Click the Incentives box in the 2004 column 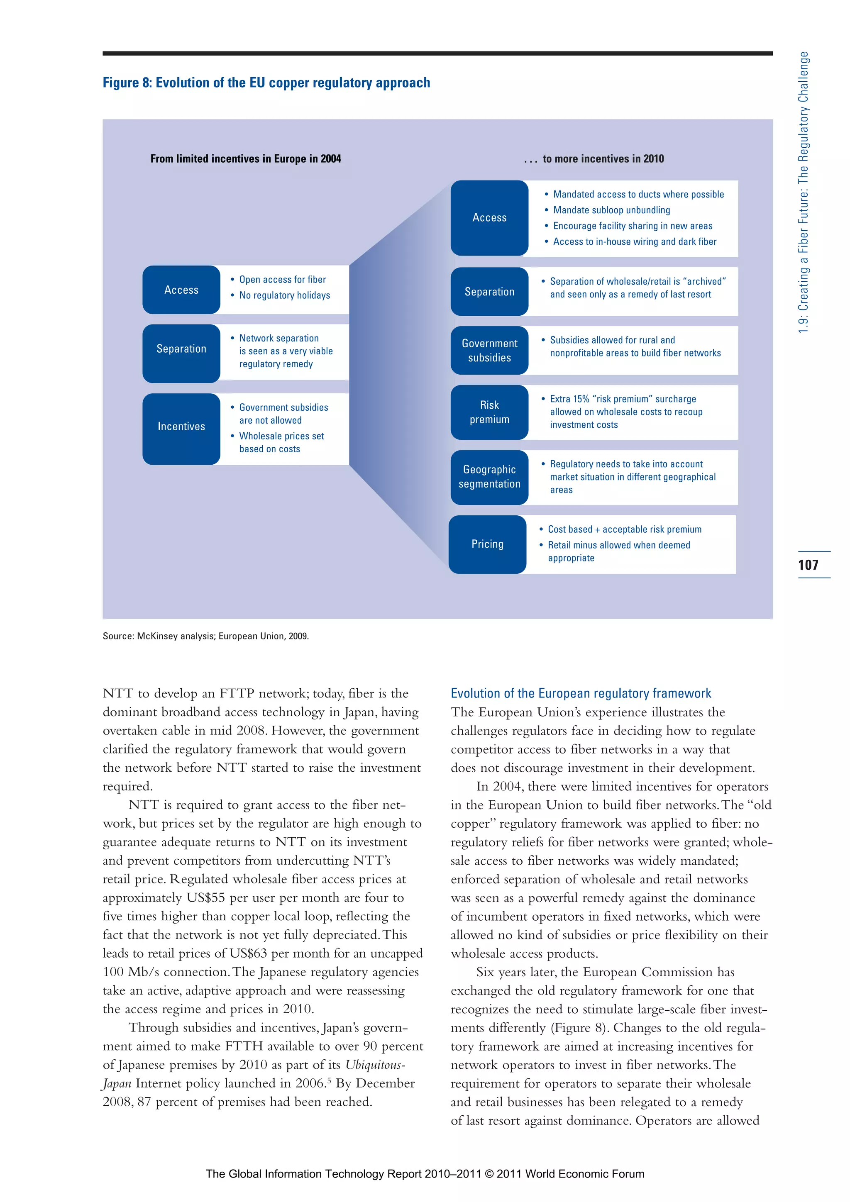pyautogui.click(x=181, y=427)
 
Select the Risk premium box pyautogui.click(x=489, y=412)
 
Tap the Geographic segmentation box pyautogui.click(x=489, y=477)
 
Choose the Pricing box pyautogui.click(x=487, y=544)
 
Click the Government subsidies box pyautogui.click(x=489, y=350)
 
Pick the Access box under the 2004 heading pyautogui.click(x=181, y=290)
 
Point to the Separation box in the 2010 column pyautogui.click(x=489, y=292)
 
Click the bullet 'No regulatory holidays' pyautogui.click(x=284, y=295)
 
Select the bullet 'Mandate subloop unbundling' pyautogui.click(x=611, y=210)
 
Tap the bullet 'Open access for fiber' pyautogui.click(x=282, y=280)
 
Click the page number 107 pyautogui.click(x=808, y=565)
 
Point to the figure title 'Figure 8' pyautogui.click(x=266, y=83)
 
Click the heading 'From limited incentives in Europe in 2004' pyautogui.click(x=246, y=158)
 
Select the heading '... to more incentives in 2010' pyautogui.click(x=594, y=158)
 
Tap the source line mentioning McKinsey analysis pyautogui.click(x=205, y=636)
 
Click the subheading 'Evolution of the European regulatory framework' pyautogui.click(x=580, y=694)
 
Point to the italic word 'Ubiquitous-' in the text pyautogui.click(x=375, y=1065)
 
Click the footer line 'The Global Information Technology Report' pyautogui.click(x=425, y=1174)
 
